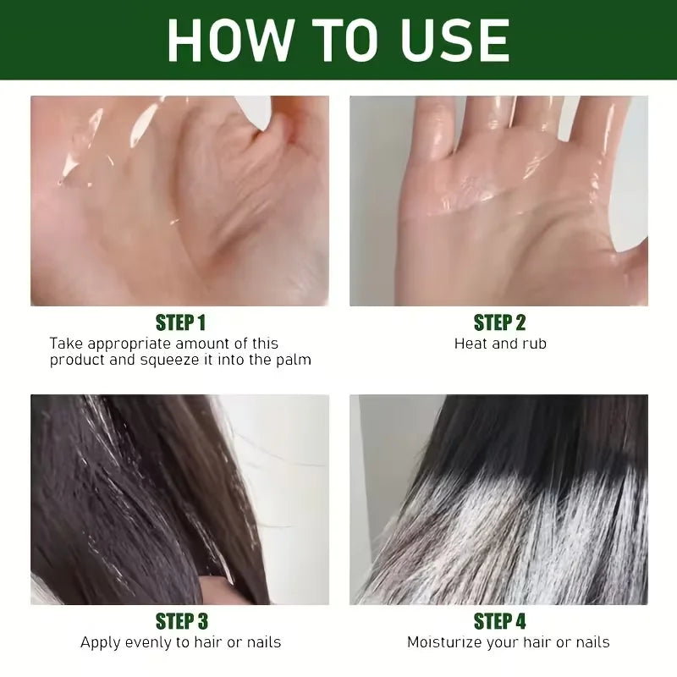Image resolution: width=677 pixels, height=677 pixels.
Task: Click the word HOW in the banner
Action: point(228,40)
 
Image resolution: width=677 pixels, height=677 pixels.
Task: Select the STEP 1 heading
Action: point(180,322)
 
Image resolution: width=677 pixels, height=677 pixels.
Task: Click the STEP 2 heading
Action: point(499,322)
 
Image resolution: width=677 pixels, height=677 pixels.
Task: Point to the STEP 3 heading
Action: point(181,621)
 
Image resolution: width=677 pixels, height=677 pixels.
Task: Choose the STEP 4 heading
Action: point(499,621)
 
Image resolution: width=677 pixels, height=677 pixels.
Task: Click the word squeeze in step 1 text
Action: point(170,361)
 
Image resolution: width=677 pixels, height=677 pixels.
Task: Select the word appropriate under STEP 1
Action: point(129,344)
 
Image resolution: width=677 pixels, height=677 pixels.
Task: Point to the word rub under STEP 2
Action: point(535,344)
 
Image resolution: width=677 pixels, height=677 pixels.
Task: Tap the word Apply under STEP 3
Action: point(99,643)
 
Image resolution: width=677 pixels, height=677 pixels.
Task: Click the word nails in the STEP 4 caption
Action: point(593,642)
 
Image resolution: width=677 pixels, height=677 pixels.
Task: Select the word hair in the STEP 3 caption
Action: point(208,642)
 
